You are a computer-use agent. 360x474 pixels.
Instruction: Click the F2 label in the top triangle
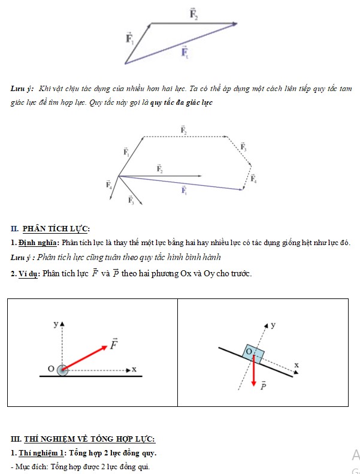(x=193, y=14)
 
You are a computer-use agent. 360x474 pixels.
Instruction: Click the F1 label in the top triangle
(x=129, y=39)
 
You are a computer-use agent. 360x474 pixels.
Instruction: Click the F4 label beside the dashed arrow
(x=253, y=178)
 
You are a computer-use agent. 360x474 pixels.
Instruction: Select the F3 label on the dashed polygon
(x=243, y=146)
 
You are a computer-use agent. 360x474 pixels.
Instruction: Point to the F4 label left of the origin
(x=109, y=185)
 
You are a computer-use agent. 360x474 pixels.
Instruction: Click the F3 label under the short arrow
(x=131, y=201)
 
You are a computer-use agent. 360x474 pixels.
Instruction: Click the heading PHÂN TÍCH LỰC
(x=56, y=229)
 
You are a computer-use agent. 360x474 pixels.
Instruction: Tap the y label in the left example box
(x=56, y=324)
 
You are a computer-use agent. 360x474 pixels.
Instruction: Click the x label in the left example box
(x=134, y=369)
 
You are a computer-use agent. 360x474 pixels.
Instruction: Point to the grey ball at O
(x=62, y=371)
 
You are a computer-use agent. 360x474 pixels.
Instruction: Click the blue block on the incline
(x=252, y=352)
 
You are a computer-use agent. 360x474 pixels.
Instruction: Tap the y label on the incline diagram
(x=273, y=325)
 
